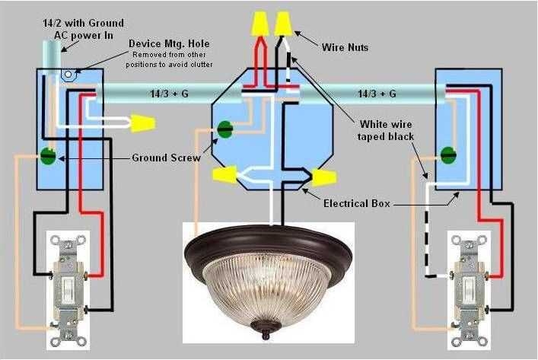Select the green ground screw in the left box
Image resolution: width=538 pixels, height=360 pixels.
pos(48,157)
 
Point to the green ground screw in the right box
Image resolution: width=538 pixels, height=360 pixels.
pos(447,157)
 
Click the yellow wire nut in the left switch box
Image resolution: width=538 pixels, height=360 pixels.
pos(142,122)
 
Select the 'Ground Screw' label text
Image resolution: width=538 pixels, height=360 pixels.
pos(165,158)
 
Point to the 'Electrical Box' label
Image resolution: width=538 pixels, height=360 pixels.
pos(358,204)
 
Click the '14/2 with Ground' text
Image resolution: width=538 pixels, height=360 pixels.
pos(83,24)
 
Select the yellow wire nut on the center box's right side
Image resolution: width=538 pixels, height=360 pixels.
pos(323,178)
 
